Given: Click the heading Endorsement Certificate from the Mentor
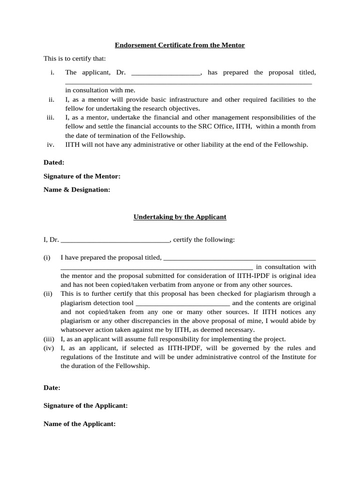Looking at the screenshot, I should (180, 45).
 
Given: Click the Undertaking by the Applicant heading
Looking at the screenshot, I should (180, 217).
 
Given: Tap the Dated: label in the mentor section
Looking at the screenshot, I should (54, 162).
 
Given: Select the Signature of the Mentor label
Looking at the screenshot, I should (82, 176).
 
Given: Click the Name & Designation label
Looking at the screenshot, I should (77, 189).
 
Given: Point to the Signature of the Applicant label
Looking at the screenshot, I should (85, 405).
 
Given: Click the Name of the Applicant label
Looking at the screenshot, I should (79, 423).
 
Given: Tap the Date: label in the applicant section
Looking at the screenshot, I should (52, 388).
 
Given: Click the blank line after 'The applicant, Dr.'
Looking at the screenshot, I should (166, 73).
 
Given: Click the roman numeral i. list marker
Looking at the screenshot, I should (52, 72).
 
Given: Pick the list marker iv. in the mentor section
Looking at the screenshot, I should (51, 144).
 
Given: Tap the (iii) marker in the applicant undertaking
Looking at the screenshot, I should (49, 339).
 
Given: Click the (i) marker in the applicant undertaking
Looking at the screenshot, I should (47, 257).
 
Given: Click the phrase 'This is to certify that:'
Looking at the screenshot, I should (75, 59).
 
